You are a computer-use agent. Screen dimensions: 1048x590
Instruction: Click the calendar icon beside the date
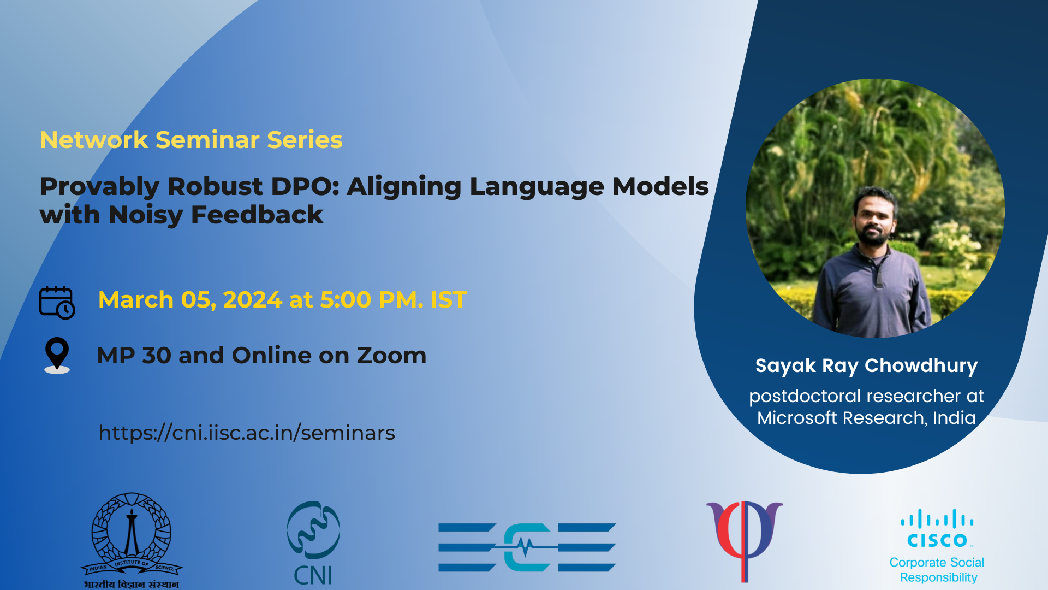tap(57, 302)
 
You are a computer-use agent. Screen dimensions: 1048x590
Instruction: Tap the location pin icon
tap(57, 355)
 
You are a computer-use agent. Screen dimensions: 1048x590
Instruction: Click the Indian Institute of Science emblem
tap(132, 540)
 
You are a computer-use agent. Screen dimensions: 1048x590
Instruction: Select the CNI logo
tap(313, 543)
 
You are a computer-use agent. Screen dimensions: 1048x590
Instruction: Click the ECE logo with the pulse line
tap(527, 547)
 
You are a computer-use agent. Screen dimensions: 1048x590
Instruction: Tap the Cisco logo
tap(937, 528)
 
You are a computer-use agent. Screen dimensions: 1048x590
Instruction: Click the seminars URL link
tap(247, 433)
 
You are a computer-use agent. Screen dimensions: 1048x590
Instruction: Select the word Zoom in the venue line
tap(391, 355)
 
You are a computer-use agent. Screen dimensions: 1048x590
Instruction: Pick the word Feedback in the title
tap(257, 215)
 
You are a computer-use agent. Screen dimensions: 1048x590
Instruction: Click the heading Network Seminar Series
tap(191, 140)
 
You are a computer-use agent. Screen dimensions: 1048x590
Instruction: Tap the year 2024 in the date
tap(252, 300)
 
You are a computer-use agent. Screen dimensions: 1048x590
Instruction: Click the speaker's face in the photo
tap(874, 217)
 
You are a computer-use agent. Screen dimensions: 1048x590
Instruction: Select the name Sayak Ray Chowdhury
tap(866, 365)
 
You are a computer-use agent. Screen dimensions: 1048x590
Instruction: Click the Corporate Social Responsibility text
tap(937, 570)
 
